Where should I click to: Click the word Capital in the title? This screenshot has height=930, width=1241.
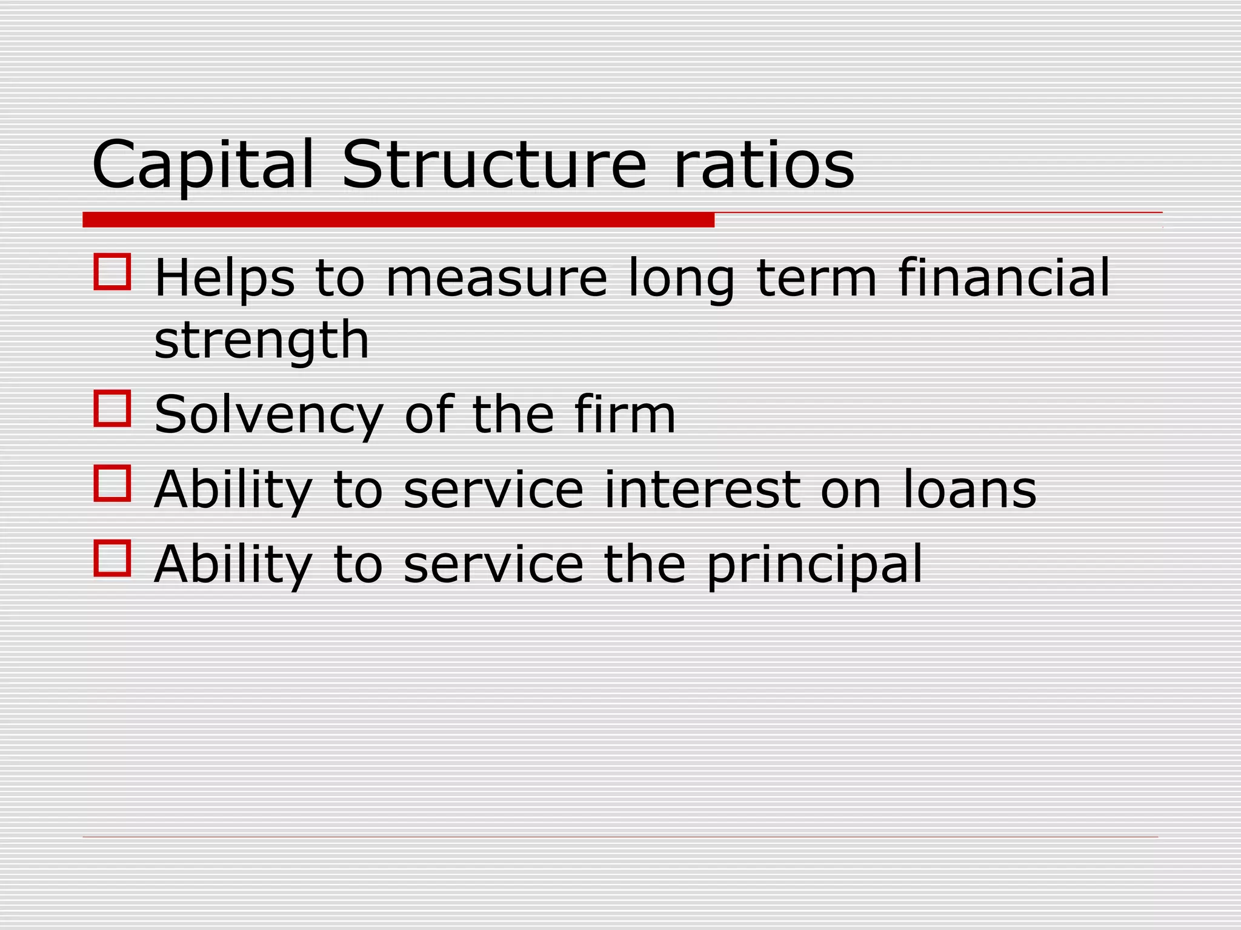203,165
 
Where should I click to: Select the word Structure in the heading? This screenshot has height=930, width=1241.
494,165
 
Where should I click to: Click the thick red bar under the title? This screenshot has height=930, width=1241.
398,220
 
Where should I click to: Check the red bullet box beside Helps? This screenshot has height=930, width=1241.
113,272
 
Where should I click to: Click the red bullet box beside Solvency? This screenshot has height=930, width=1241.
113,408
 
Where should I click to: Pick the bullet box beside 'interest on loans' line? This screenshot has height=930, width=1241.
113,483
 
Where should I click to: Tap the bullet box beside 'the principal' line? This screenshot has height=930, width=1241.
113,558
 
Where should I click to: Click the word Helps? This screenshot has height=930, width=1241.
225,278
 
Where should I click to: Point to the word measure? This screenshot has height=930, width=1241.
496,278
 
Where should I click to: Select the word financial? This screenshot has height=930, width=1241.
1004,278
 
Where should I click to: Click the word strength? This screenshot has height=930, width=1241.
262,341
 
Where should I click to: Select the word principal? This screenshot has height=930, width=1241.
814,566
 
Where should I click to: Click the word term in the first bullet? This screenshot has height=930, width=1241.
817,278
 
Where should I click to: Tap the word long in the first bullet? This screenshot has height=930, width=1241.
681,279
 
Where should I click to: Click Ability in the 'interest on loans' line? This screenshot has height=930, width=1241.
233,490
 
